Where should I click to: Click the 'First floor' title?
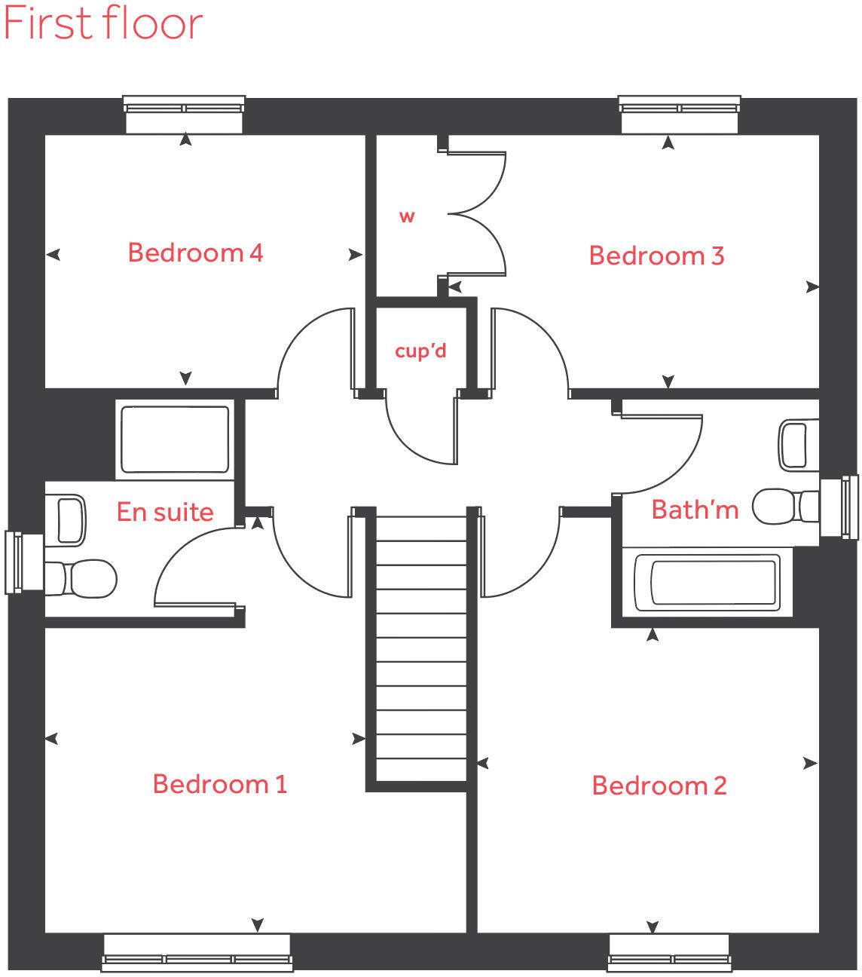(103, 23)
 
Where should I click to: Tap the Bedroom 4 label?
(195, 253)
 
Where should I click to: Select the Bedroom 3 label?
(656, 256)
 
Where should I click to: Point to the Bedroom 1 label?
(219, 784)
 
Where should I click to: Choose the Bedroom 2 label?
(659, 786)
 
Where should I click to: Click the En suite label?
(165, 512)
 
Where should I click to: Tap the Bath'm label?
(695, 510)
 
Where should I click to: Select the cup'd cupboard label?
(420, 351)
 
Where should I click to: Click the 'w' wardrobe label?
(407, 217)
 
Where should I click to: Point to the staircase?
(421, 648)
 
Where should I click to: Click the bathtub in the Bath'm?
(706, 581)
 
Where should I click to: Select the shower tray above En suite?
(175, 439)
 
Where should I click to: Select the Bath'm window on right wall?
(842, 507)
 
